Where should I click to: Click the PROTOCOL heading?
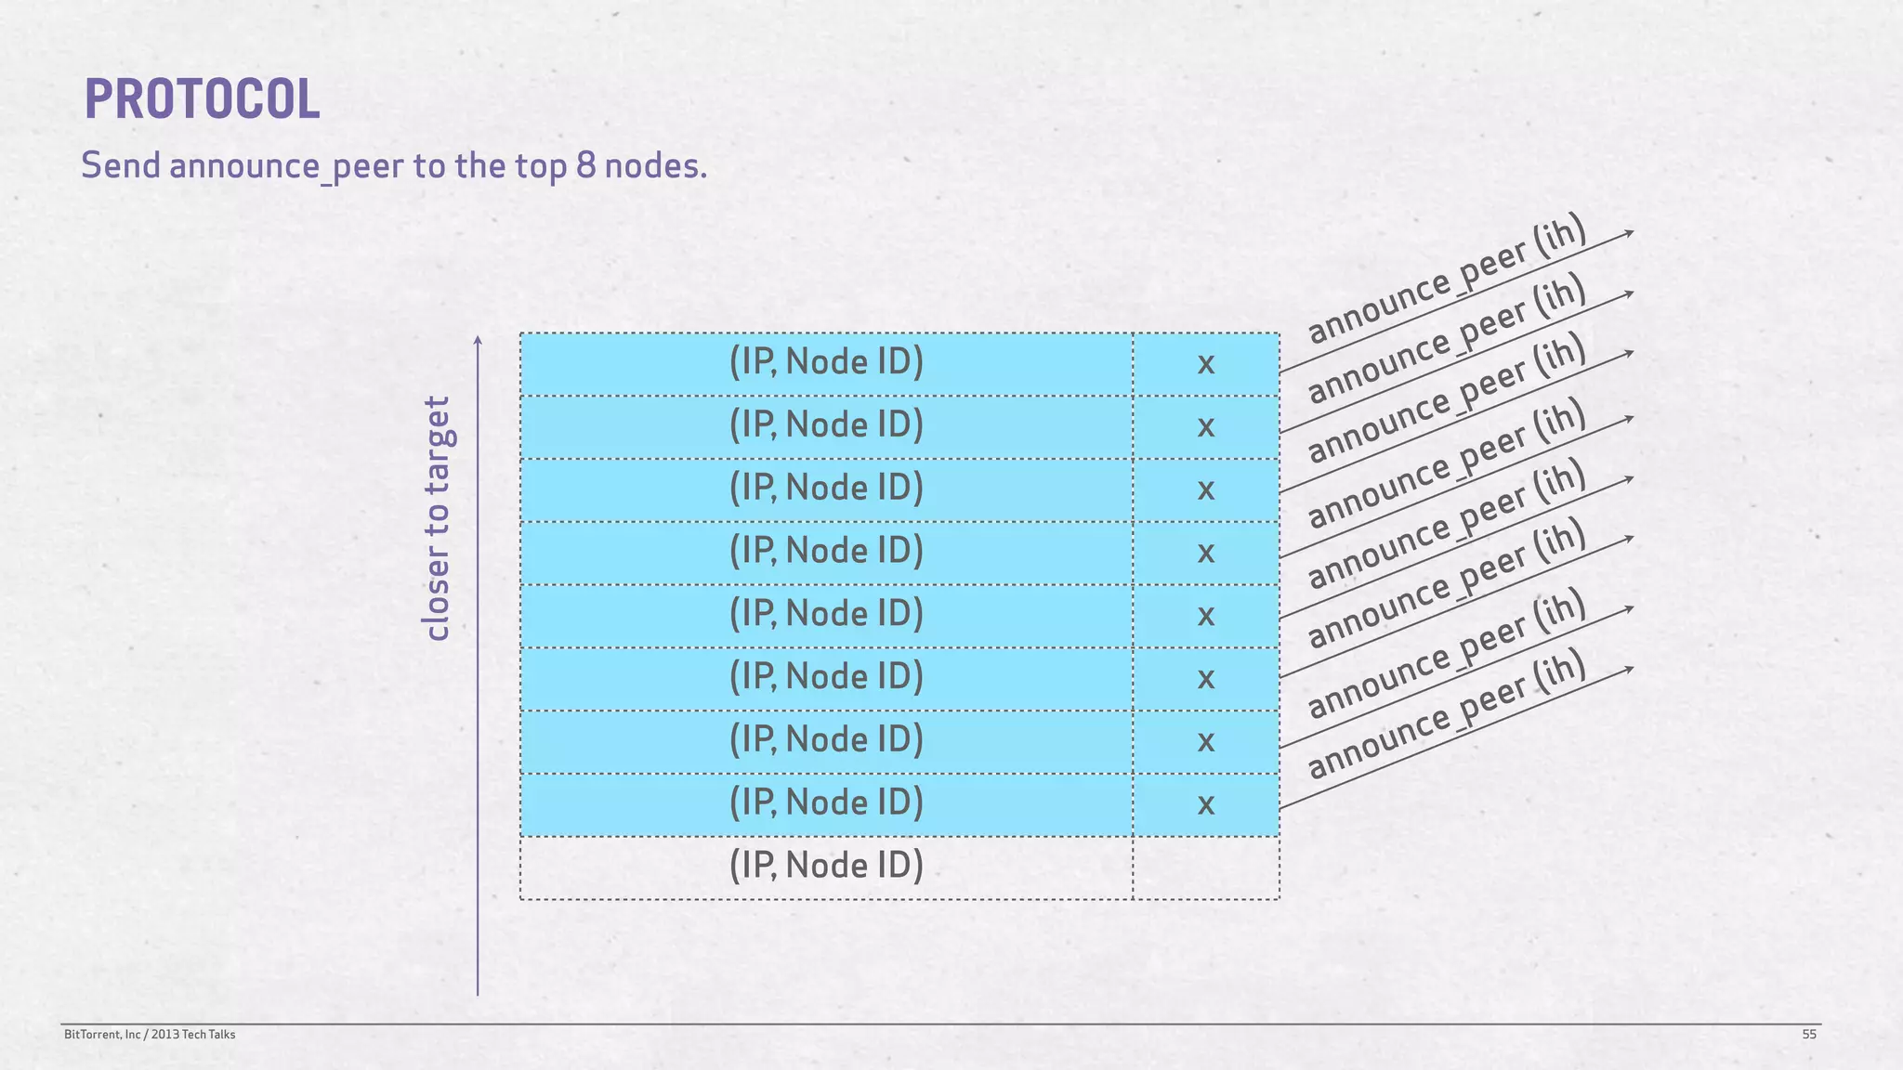coord(202,99)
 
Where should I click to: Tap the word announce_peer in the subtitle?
coord(286,167)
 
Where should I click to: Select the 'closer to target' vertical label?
coord(436,518)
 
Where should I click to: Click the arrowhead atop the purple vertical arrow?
coord(478,340)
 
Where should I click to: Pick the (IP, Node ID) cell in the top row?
coord(826,362)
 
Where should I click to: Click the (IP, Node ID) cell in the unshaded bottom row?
coord(826,866)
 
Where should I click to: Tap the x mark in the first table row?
coord(1205,364)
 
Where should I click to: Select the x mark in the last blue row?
coord(1205,804)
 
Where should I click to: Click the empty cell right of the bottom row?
coord(1205,868)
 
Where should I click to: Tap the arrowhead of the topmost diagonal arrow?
coord(1629,232)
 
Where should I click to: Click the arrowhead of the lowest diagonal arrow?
coord(1629,669)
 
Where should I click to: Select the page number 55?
coord(1808,1035)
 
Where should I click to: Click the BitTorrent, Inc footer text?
coord(149,1035)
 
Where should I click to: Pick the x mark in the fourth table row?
coord(1205,553)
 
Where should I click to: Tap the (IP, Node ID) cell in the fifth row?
coord(826,614)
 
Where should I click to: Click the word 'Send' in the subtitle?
coord(121,166)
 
